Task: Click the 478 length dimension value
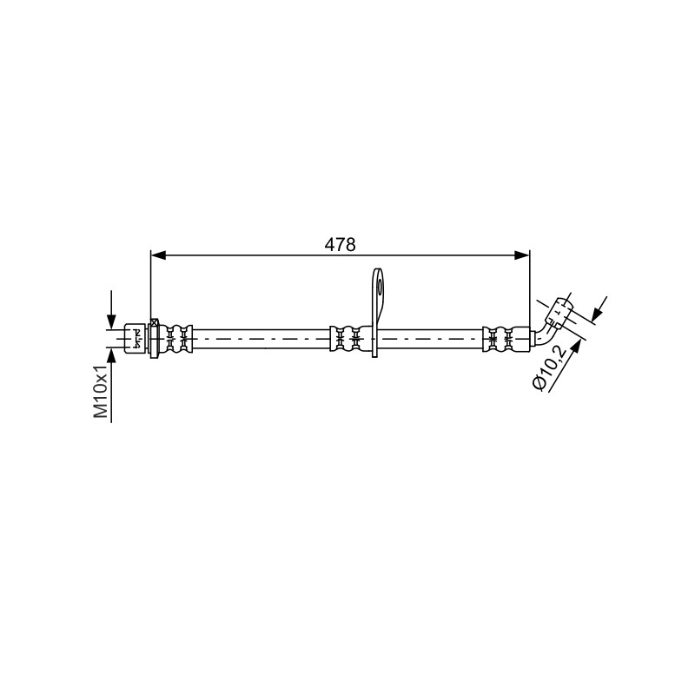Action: pyautogui.click(x=340, y=244)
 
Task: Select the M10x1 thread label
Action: pyautogui.click(x=101, y=392)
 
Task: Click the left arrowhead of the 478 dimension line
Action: pyautogui.click(x=158, y=255)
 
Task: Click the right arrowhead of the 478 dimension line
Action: pyautogui.click(x=522, y=255)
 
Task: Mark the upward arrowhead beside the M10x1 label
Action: pyautogui.click(x=111, y=356)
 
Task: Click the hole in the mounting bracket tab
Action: pyautogui.click(x=380, y=288)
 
